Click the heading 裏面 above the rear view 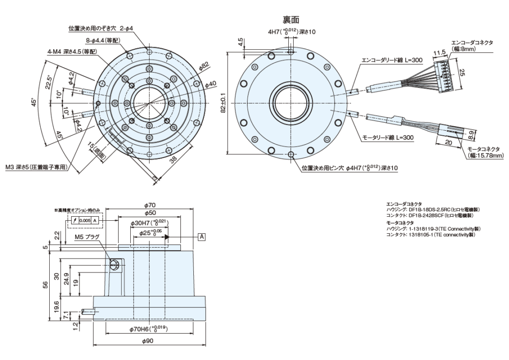pos(290,19)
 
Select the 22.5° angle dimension pos(48,81)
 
